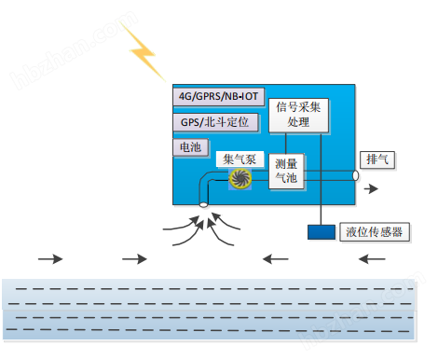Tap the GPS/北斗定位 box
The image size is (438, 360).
(213, 122)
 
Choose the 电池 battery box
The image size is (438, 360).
(188, 147)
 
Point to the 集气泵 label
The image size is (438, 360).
(240, 159)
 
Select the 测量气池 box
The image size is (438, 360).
(286, 171)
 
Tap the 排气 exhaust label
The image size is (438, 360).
(379, 159)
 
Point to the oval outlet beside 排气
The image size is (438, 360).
(355, 175)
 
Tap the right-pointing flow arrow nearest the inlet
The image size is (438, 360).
(134, 258)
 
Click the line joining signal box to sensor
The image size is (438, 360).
(322, 177)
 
